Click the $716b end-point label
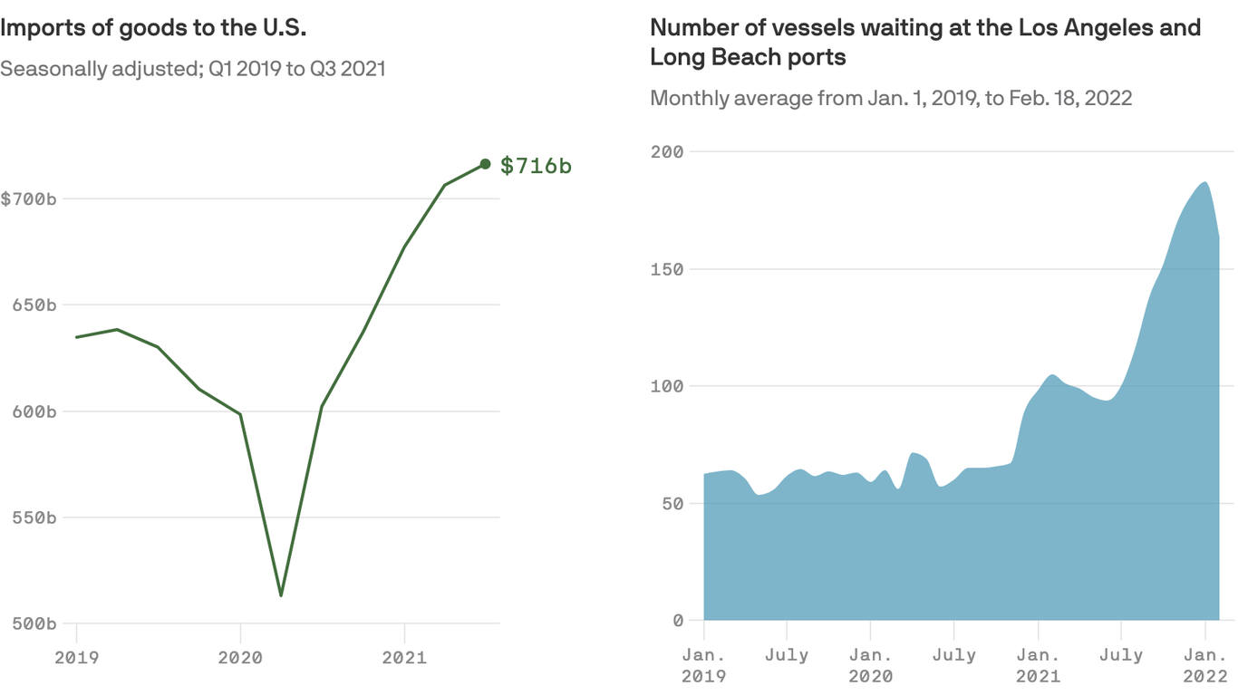[536, 166]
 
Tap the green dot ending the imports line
[485, 164]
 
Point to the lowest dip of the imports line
[281, 594]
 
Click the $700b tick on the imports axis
[28, 198]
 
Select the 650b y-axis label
[34, 305]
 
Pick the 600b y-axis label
[34, 411]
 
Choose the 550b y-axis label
[34, 517]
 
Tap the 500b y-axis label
[34, 623]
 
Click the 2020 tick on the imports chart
[240, 658]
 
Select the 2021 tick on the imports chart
[404, 658]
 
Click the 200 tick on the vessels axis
[667, 152]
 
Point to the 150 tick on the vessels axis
[667, 269]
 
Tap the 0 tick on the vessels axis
[678, 621]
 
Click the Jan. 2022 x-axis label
[1205, 664]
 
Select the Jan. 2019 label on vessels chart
[704, 664]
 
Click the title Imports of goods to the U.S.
[153, 28]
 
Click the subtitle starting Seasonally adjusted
[192, 69]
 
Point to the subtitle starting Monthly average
[891, 98]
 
